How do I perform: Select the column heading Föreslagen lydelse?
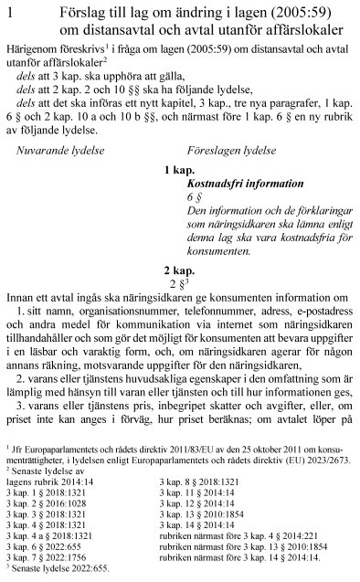coord(230,147)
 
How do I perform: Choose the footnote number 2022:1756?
coord(65,556)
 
